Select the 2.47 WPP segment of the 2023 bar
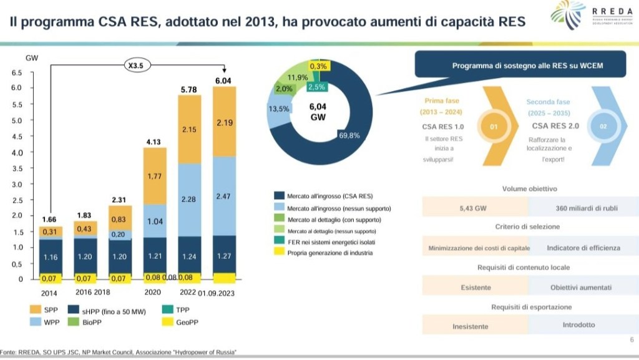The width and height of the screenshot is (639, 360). pos(224,196)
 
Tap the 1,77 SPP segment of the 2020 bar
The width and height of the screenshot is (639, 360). pos(154,177)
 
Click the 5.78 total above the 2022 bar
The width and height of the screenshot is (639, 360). pos(189,90)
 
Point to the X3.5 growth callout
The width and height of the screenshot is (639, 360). pos(135,64)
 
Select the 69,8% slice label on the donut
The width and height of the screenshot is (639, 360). pos(349,135)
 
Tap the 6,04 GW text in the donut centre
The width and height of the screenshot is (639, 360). pos(318,112)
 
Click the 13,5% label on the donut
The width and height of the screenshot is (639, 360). pos(278,109)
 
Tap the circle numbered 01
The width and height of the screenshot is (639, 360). pos(493,127)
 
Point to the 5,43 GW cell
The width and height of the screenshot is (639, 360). pos(476,208)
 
